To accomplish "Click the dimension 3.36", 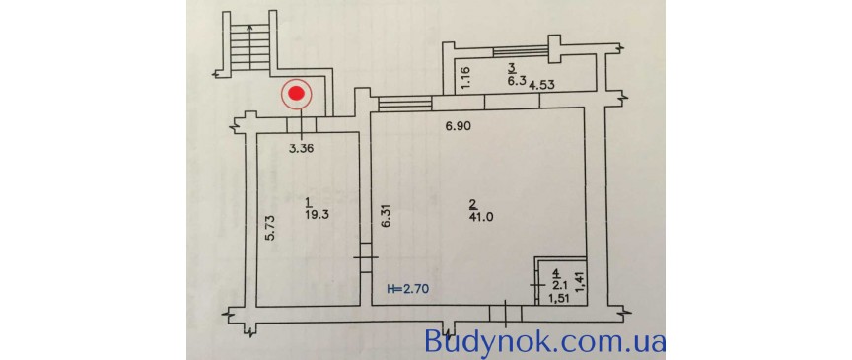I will (x=300, y=150).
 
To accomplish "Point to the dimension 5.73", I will (x=268, y=229).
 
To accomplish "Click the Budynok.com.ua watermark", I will (x=544, y=342).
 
